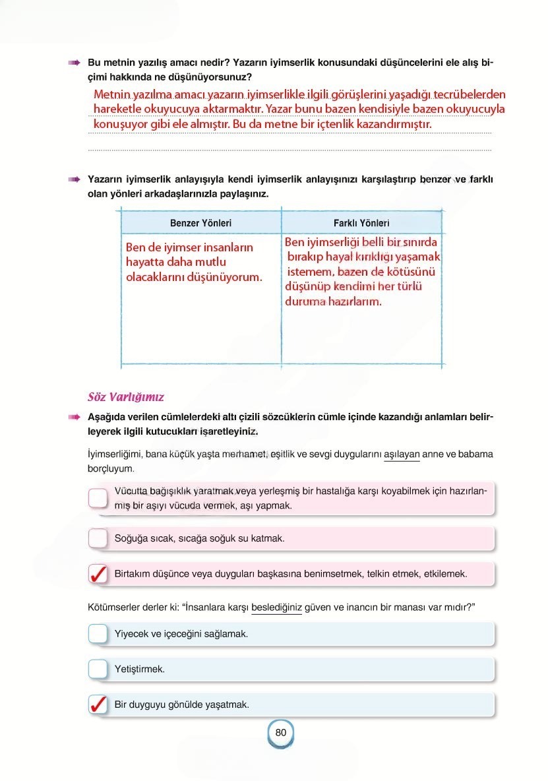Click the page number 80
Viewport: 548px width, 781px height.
point(280,732)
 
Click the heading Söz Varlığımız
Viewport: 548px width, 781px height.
point(125,397)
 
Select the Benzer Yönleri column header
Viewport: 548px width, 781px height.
point(200,223)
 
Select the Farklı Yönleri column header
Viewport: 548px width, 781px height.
point(361,223)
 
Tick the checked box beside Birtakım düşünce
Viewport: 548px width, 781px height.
point(98,574)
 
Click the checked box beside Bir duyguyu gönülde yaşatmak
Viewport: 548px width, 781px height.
point(98,704)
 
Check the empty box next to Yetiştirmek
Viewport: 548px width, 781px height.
point(98,669)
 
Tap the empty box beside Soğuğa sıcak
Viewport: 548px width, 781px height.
point(98,538)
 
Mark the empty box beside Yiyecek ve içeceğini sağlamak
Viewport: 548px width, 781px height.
point(98,634)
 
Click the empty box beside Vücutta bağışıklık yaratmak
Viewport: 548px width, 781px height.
point(98,497)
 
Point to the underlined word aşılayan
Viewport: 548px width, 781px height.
point(401,454)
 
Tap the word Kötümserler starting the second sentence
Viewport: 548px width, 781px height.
point(112,608)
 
